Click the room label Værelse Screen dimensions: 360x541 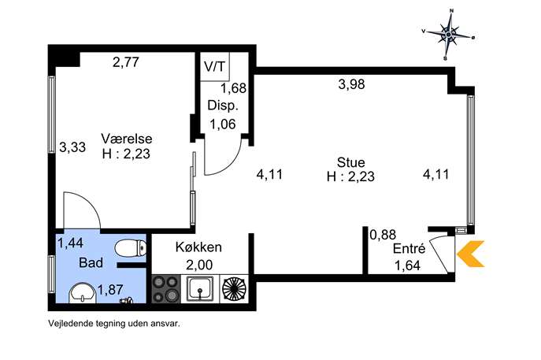(120, 139)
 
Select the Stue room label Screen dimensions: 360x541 (350, 162)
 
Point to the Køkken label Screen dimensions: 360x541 (198, 247)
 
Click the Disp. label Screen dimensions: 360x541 (222, 106)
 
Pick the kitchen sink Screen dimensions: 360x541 (202, 290)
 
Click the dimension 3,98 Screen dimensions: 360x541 (350, 86)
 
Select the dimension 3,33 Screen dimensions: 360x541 (72, 146)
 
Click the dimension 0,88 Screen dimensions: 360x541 (383, 234)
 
